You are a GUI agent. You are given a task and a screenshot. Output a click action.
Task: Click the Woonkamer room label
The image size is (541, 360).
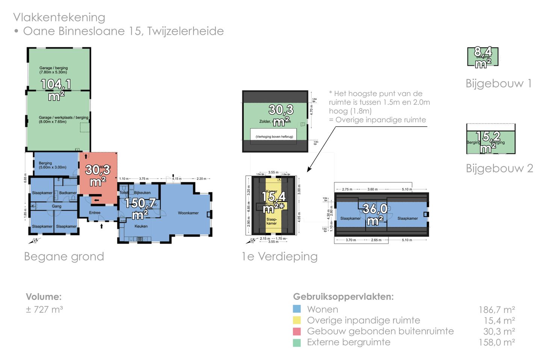188,213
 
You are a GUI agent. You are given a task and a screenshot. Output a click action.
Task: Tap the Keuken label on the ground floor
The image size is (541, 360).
141,226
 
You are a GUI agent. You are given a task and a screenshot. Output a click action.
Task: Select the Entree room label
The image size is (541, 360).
95,212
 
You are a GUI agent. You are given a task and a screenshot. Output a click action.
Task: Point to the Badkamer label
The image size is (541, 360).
68,193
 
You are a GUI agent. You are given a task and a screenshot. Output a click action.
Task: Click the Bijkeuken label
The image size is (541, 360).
142,193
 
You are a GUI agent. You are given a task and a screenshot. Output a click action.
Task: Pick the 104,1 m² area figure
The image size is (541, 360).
56,89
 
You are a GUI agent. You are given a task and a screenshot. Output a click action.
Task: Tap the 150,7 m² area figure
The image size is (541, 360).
140,208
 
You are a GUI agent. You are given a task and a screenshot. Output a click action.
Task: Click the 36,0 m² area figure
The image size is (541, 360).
375,214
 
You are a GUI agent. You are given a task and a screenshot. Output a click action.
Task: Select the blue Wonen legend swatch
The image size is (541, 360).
297,309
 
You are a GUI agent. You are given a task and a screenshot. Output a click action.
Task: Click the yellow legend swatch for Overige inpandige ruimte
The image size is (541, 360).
297,320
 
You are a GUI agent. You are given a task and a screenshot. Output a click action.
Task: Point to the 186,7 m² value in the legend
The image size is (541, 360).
496,310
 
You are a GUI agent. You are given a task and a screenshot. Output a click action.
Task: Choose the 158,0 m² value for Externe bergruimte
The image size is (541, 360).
496,342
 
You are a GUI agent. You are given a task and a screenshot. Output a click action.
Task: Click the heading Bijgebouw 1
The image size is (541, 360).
499,83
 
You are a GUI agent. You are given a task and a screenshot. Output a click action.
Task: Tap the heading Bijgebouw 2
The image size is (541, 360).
499,168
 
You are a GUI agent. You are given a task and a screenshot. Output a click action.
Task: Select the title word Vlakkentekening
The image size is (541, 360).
59,17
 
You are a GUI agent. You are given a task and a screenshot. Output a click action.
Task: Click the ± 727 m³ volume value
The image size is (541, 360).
44,309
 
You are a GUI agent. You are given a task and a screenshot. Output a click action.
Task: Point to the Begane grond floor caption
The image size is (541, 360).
64,256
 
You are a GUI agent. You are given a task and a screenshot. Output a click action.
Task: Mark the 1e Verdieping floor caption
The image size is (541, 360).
280,256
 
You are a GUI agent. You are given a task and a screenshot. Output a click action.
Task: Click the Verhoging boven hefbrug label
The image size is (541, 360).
274,137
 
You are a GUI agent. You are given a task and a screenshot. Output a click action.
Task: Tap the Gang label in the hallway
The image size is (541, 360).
56,206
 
